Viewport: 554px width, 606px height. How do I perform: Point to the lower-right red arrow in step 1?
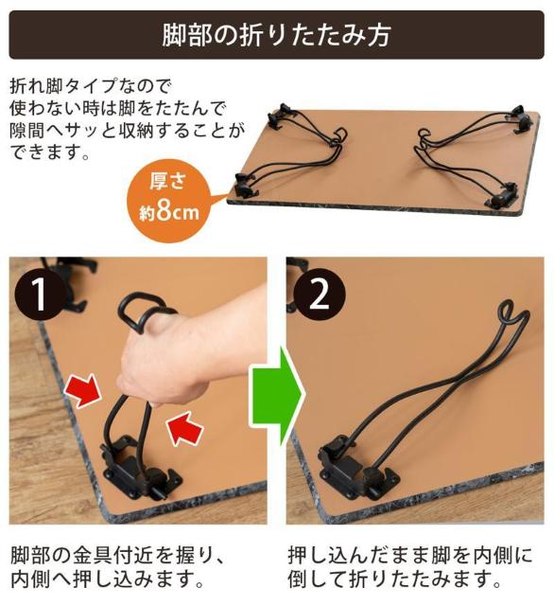coord(185,429)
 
